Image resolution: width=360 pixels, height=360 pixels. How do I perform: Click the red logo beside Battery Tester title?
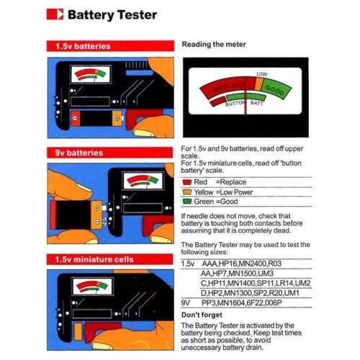[x=55, y=14]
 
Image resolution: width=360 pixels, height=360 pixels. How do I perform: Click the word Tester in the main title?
[x=138, y=15]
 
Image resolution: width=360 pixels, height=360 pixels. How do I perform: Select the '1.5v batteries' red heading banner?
[x=110, y=46]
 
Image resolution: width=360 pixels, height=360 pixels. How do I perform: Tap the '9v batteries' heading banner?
[x=109, y=153]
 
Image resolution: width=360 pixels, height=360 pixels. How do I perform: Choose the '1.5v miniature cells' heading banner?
[x=109, y=259]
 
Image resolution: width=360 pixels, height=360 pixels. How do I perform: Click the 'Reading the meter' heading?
[x=214, y=45]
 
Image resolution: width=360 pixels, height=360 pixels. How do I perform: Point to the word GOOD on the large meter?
[x=274, y=90]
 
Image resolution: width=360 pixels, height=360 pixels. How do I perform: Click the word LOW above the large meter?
[x=261, y=74]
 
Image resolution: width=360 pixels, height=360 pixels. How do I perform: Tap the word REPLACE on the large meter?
[x=229, y=87]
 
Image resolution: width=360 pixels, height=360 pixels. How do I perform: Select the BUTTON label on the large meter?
[x=235, y=104]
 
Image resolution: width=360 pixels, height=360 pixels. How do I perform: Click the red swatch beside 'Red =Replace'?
[x=187, y=182]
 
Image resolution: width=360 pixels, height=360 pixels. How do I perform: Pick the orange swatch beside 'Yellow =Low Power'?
[x=187, y=192]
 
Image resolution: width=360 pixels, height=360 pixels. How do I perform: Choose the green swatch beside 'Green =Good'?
[x=187, y=202]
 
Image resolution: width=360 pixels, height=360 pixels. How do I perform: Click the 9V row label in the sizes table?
[x=186, y=303]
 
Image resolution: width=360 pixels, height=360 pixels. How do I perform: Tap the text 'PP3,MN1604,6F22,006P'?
[x=242, y=303]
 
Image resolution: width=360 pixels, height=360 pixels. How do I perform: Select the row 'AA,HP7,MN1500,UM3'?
[x=237, y=274]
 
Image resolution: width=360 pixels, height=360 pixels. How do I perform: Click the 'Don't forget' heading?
[x=202, y=315]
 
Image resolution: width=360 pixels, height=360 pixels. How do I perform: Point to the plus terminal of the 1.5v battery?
[x=117, y=118]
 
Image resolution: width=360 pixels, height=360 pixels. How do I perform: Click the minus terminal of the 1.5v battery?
[x=75, y=118]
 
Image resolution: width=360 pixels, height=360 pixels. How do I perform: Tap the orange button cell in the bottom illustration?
[x=78, y=331]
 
